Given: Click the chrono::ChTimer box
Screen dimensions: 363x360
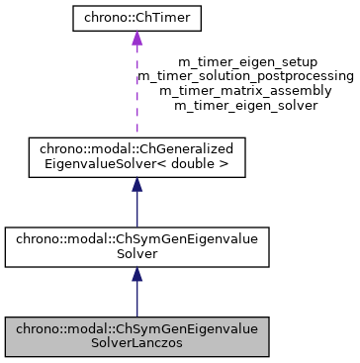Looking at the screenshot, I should point(136,17).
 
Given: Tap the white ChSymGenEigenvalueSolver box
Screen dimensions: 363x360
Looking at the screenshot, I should point(136,247).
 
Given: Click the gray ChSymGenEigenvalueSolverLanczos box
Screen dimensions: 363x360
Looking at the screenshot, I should point(136,336).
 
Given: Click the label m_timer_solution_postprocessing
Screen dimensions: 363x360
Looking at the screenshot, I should point(245,75).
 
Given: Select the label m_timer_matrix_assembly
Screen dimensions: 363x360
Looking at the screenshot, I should point(245,89).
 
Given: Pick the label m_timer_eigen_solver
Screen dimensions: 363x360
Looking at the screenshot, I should point(245,103).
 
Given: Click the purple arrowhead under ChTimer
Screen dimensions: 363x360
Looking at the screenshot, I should point(136,38).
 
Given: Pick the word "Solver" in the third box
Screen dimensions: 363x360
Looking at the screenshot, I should point(136,255).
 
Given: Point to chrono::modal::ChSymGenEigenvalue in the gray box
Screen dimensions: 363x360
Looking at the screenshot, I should point(136,329).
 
